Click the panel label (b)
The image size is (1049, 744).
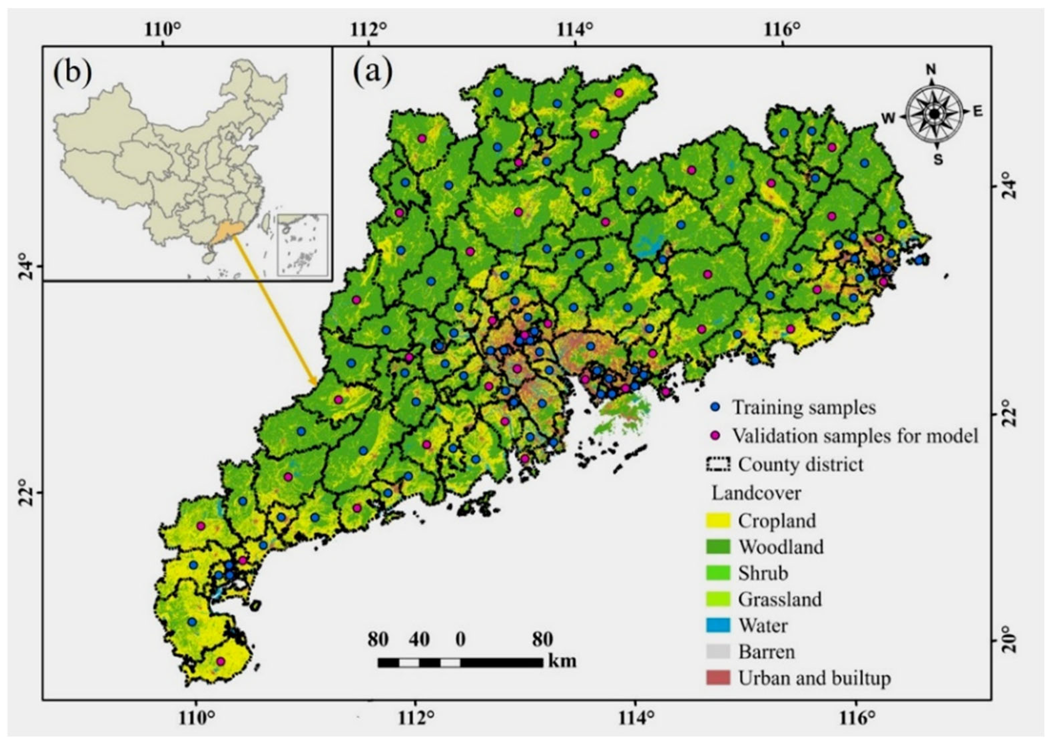tap(72, 73)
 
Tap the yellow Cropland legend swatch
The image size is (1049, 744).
tap(718, 520)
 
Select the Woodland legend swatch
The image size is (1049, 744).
tap(718, 547)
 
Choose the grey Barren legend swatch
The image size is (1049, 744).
tap(718, 651)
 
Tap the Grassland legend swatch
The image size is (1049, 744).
tap(718, 599)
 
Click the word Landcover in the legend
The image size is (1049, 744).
tap(756, 493)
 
